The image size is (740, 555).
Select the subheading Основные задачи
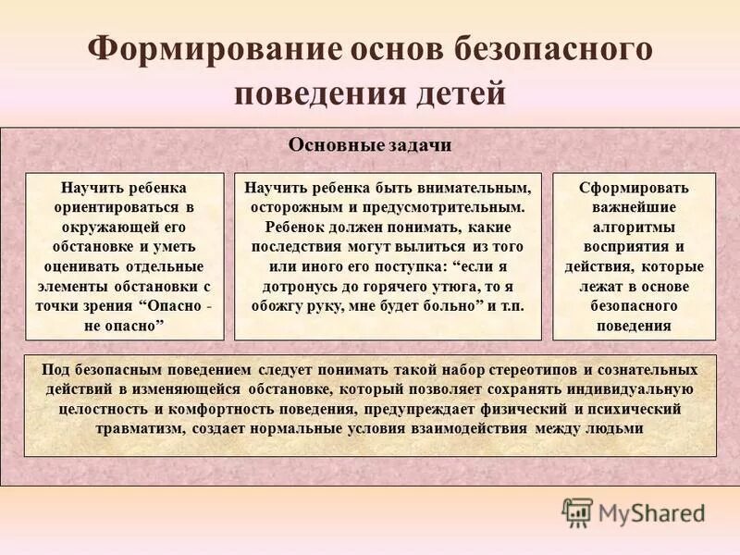pyautogui.click(x=370, y=145)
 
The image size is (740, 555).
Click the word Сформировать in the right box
pyautogui.click(x=634, y=187)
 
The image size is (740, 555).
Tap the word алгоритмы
pyautogui.click(x=634, y=227)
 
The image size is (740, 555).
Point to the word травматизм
pyautogui.click(x=146, y=428)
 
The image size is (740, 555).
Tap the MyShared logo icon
pyautogui.click(x=577, y=512)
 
